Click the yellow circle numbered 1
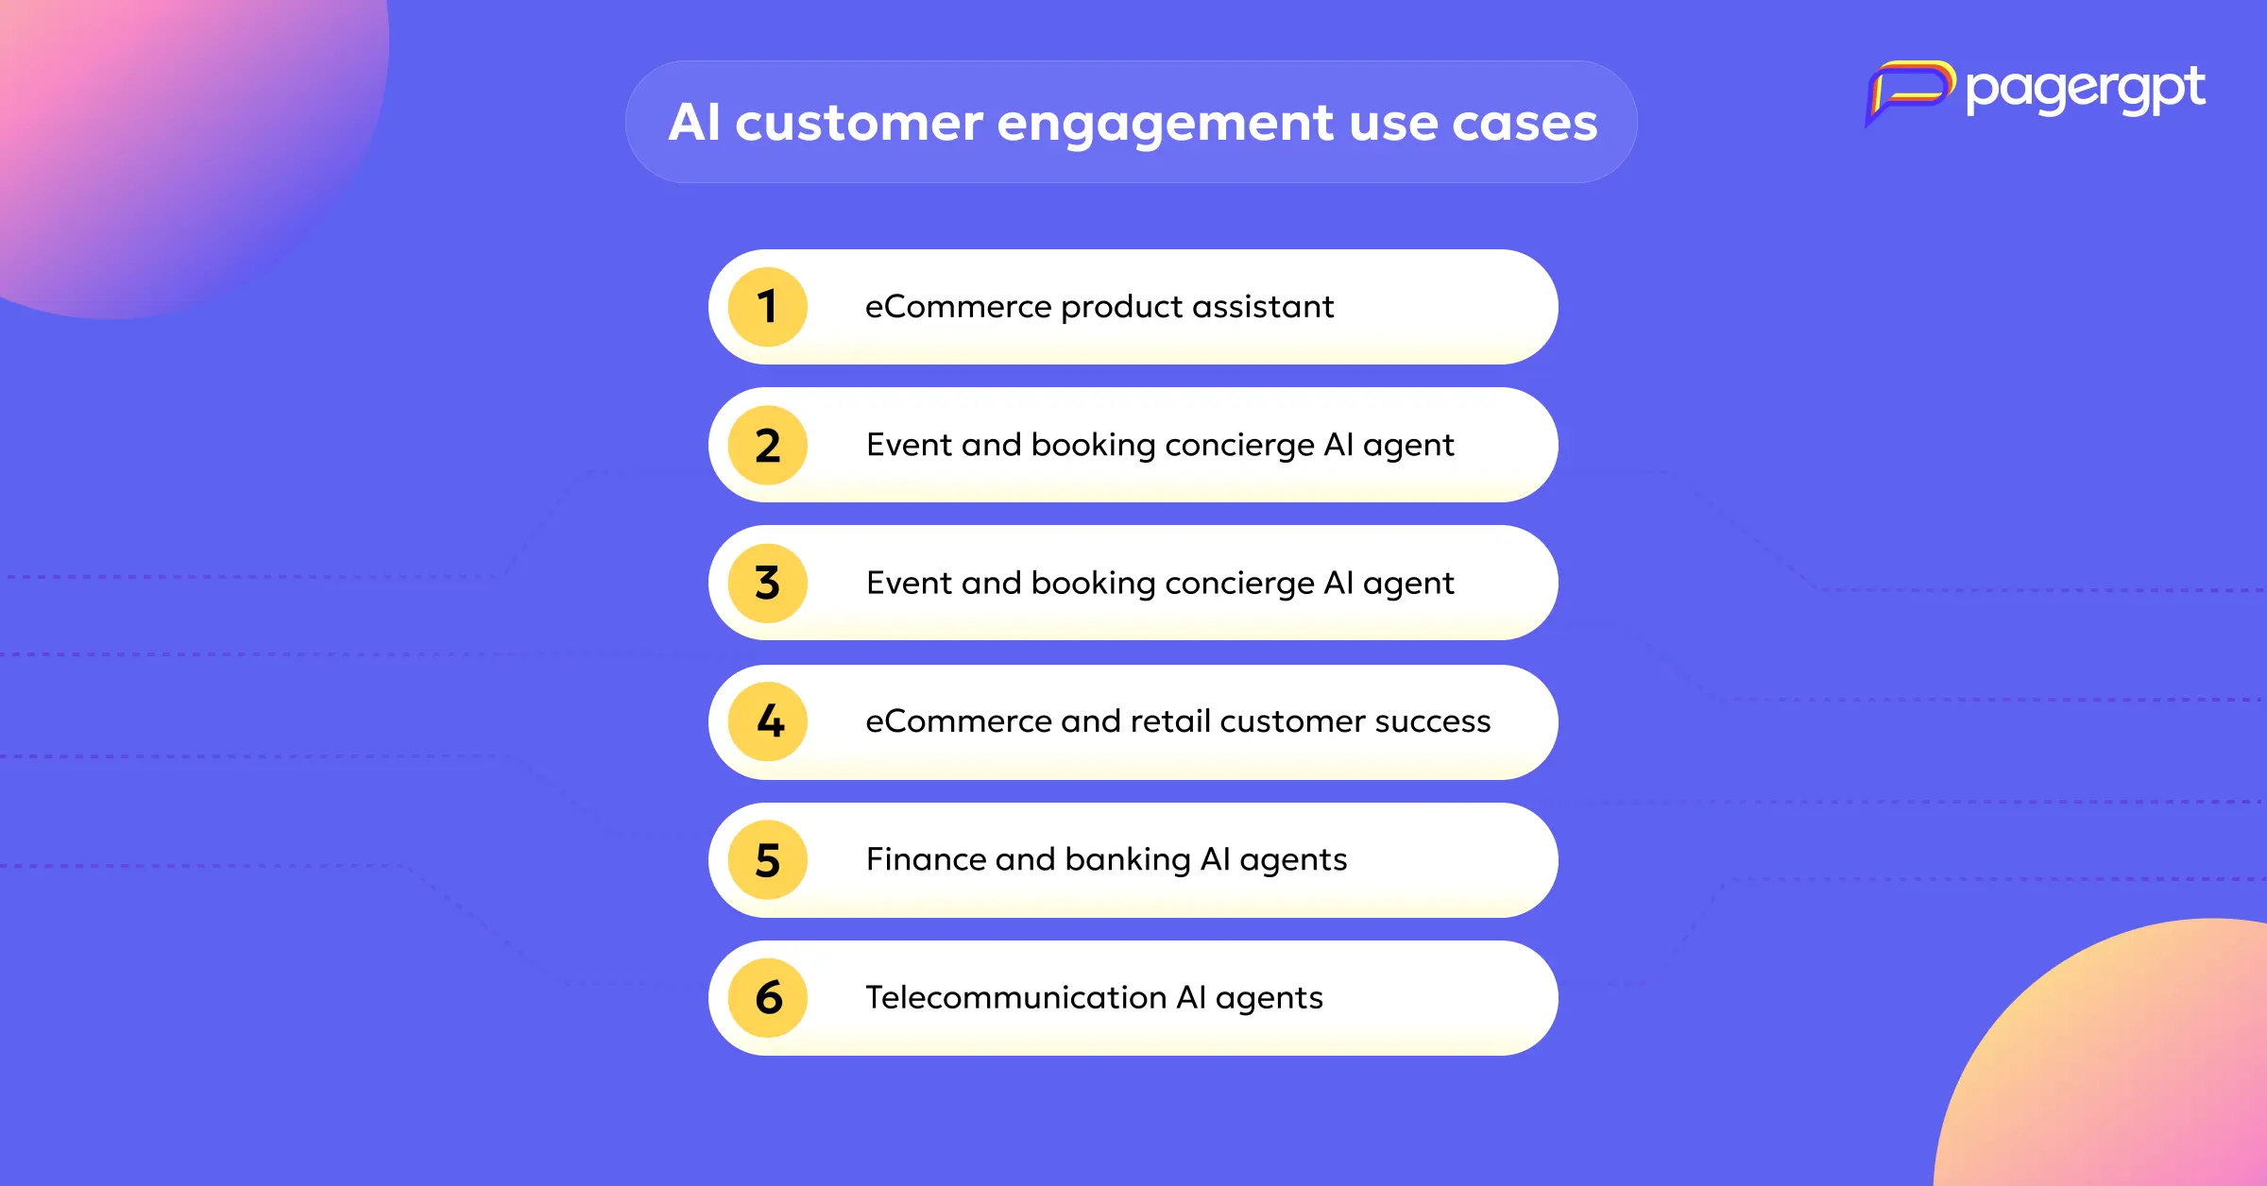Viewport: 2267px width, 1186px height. [768, 307]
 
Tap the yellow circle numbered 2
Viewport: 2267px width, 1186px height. [768, 445]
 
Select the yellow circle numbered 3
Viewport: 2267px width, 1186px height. [768, 583]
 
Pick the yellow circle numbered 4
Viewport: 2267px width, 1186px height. [768, 721]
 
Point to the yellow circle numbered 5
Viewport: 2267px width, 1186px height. [768, 859]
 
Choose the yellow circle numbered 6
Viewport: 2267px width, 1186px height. [768, 997]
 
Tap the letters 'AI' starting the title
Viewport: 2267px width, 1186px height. [694, 122]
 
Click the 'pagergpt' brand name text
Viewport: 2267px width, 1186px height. [2086, 91]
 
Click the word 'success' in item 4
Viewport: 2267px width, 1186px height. [1432, 722]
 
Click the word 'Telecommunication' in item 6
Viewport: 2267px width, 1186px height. [1015, 997]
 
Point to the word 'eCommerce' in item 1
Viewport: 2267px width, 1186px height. [958, 307]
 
